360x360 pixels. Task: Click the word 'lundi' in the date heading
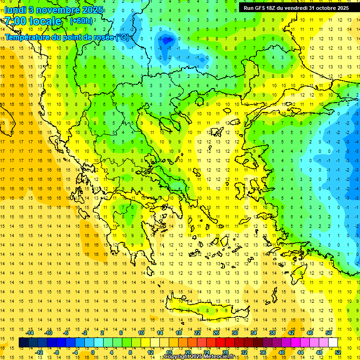pyautogui.click(x=15, y=10)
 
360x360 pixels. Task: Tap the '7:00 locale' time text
pyautogui.click(x=33, y=21)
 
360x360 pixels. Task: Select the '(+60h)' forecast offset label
pyautogui.click(x=81, y=21)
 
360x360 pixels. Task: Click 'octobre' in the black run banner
pyautogui.click(x=322, y=8)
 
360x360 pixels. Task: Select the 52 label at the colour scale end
pyautogui.click(x=338, y=352)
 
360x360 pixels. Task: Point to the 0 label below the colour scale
pyautogui.click(x=93, y=352)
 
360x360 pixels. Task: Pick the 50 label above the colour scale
pyautogui.click(x=328, y=333)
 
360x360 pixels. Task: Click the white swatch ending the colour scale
pyautogui.click(x=333, y=343)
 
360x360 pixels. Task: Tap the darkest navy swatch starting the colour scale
pyautogui.click(x=23, y=343)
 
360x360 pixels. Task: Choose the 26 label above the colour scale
pyautogui.click(x=216, y=333)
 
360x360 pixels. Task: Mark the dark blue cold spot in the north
pyautogui.click(x=168, y=41)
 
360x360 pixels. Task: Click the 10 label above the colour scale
pyautogui.click(x=141, y=333)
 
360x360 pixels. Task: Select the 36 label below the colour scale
pyautogui.click(x=263, y=352)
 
